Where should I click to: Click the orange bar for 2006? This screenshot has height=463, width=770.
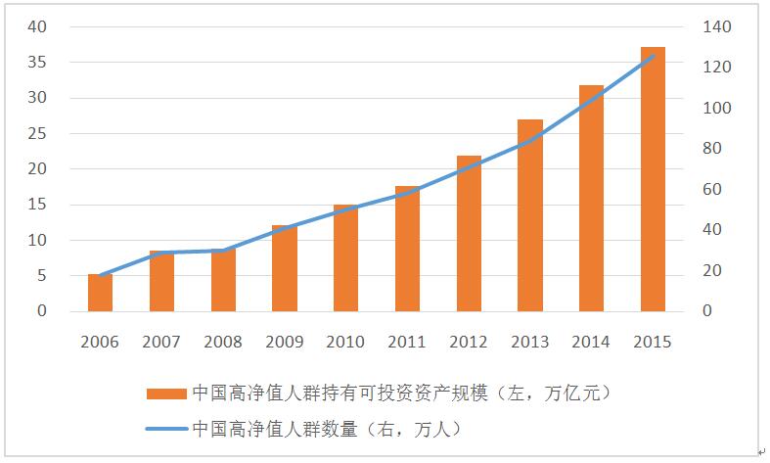[100, 293]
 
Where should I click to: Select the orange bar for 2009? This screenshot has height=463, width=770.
[284, 268]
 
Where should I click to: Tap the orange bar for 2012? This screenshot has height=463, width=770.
[469, 234]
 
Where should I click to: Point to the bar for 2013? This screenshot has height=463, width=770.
[530, 215]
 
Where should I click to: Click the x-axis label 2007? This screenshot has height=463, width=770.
[161, 342]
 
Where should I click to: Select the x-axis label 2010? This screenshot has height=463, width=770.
[345, 342]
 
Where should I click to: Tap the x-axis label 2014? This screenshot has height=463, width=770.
[591, 342]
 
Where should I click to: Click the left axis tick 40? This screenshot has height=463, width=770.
[37, 26]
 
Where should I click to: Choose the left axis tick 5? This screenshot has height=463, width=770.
[42, 275]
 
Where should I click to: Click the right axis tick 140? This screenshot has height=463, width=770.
[718, 26]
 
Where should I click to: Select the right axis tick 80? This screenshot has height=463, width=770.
[714, 149]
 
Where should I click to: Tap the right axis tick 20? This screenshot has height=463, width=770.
[714, 270]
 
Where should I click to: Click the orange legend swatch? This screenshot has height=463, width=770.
[165, 394]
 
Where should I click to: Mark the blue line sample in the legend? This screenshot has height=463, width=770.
[165, 428]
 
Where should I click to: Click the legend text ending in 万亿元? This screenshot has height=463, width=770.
[402, 394]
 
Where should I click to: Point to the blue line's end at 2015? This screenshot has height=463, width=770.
[653, 56]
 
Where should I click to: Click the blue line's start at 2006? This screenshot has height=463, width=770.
[100, 275]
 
